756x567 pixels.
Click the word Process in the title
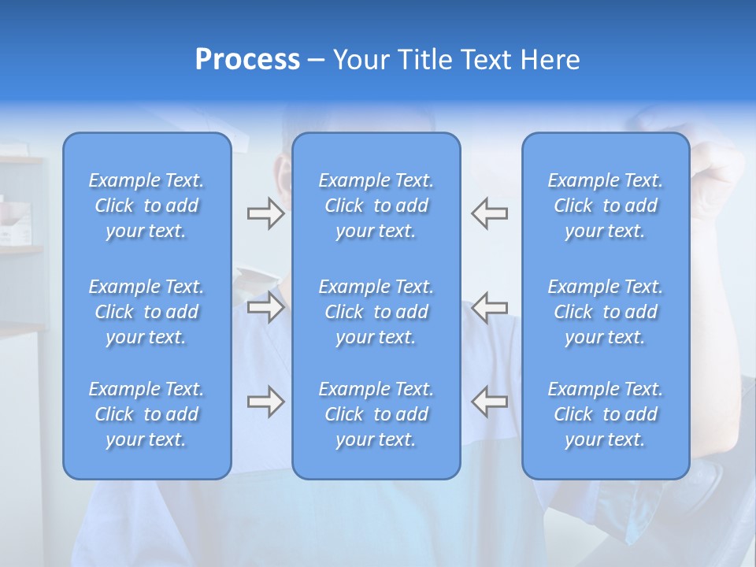(x=247, y=60)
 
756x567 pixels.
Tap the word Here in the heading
(x=550, y=60)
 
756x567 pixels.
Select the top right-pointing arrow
(x=265, y=213)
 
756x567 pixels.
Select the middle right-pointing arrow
(x=265, y=306)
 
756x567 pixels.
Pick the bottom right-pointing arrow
(x=265, y=402)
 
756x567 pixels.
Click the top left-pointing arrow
(x=490, y=213)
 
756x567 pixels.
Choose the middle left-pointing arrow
(x=490, y=306)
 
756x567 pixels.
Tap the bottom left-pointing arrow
(x=490, y=402)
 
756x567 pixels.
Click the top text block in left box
(x=146, y=206)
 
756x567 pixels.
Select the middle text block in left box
(x=146, y=312)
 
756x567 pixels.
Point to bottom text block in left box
(x=146, y=414)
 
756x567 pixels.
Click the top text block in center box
(x=376, y=206)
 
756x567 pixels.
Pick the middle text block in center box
(x=376, y=312)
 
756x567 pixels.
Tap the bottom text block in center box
(x=376, y=414)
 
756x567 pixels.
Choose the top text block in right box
(x=606, y=206)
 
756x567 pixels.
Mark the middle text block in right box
(x=606, y=312)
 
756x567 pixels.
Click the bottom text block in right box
(x=606, y=414)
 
